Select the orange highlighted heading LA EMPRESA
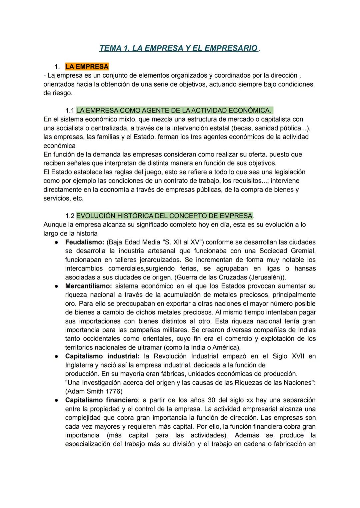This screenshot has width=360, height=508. (87, 67)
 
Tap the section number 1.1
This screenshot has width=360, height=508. (69, 111)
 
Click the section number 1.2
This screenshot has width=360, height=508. (69, 216)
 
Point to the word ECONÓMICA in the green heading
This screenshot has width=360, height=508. (250, 111)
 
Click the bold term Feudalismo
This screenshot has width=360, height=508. (85, 242)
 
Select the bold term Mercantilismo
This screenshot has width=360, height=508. (88, 286)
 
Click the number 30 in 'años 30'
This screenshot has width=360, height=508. (211, 400)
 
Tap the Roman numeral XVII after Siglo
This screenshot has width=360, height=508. (298, 356)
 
